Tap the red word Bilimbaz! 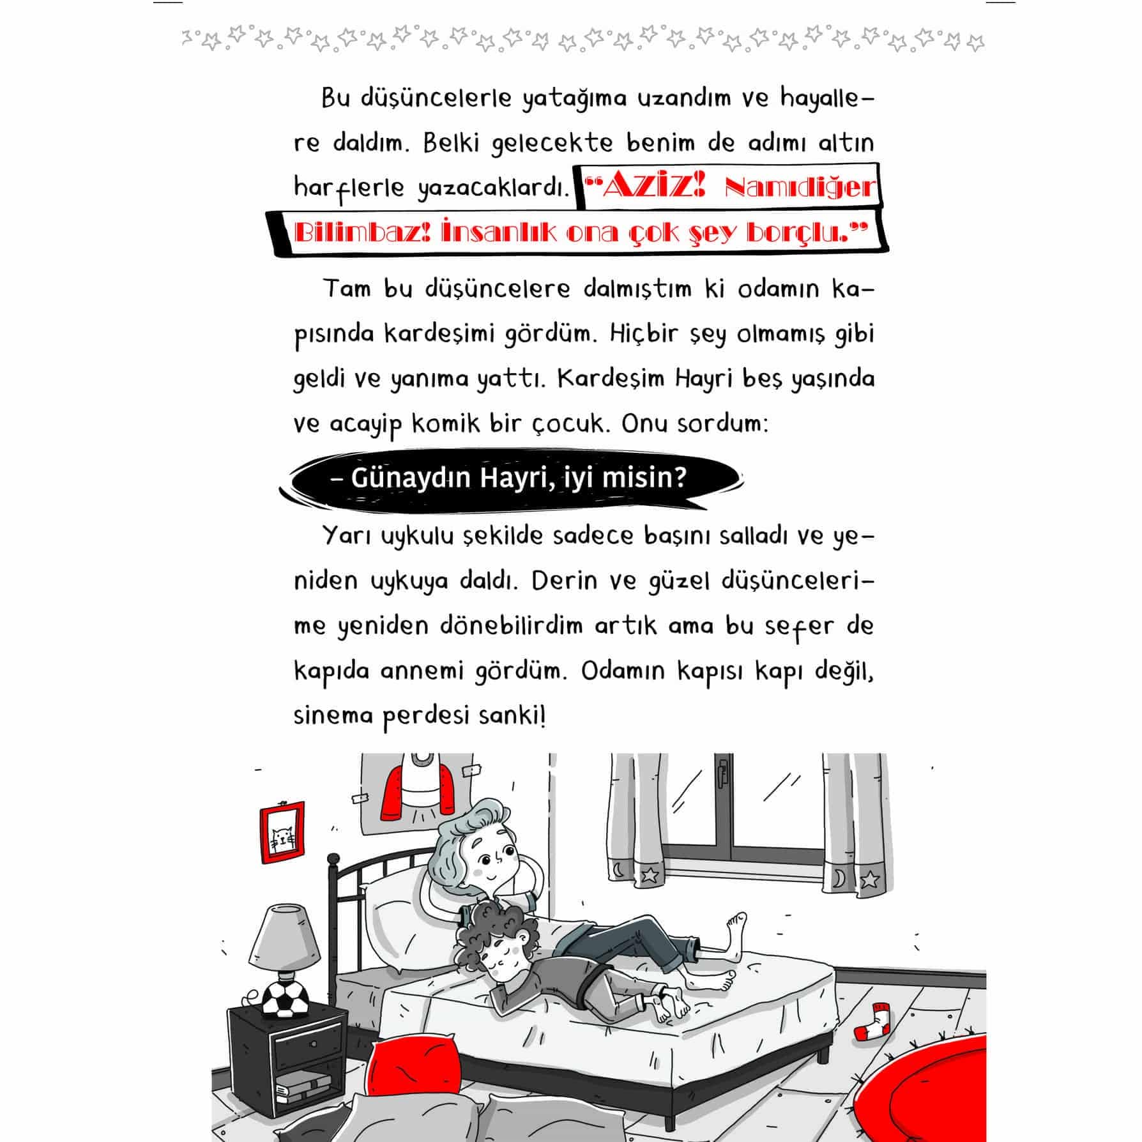363,232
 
